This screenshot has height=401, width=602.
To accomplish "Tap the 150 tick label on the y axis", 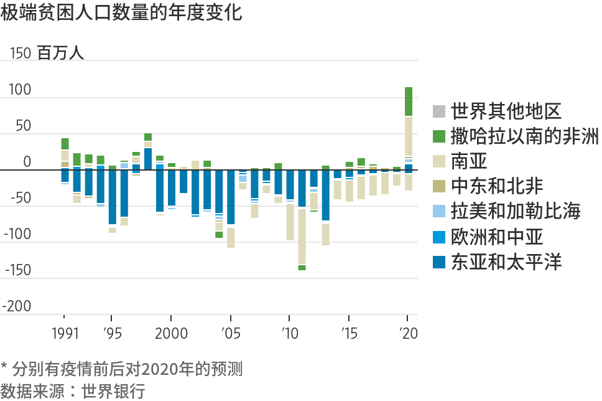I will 21,54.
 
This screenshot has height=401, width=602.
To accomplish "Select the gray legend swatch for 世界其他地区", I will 439,112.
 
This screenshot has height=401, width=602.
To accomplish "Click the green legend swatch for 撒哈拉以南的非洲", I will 439,137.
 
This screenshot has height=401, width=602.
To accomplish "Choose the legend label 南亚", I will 470,162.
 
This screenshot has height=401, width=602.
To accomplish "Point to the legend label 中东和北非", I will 497,186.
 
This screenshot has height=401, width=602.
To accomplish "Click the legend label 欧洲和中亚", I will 497,237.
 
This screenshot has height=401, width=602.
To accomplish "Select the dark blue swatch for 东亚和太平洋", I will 439,262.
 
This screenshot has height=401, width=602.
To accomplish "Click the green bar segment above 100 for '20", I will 409,101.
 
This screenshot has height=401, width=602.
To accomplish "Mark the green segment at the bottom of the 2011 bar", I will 302,268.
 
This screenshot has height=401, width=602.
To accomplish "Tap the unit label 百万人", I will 60,54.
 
